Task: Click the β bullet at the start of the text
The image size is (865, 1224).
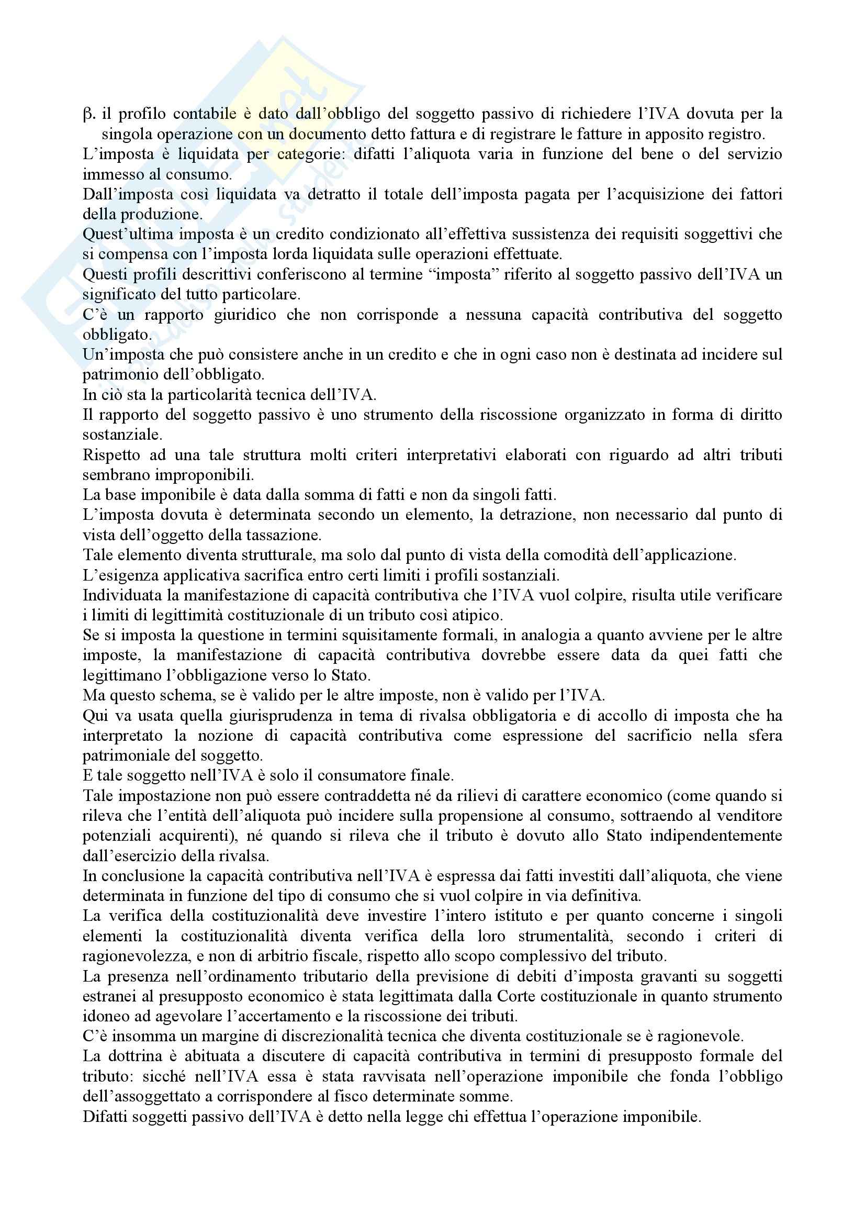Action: [88, 114]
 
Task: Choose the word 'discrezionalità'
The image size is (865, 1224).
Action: [323, 1037]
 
